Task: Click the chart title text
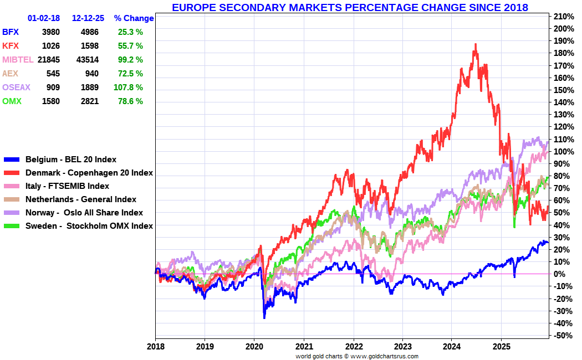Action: tap(350, 7)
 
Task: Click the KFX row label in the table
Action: tap(11, 46)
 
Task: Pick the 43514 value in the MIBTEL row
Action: tap(88, 60)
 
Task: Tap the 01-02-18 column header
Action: tap(44, 18)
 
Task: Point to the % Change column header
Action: tap(134, 18)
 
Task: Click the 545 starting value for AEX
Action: tap(53, 74)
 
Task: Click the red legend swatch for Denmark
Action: tap(12, 173)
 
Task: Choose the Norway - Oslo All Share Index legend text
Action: tap(84, 213)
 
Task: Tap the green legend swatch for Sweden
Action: tap(12, 226)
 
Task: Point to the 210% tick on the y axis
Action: tap(564, 16)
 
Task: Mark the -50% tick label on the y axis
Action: tap(564, 336)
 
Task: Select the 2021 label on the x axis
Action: tap(304, 347)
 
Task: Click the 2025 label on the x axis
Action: tap(501, 347)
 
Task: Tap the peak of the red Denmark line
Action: tap(476, 44)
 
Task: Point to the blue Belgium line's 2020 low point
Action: tap(264, 318)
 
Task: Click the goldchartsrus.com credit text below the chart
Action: tap(357, 356)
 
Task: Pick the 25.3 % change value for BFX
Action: tap(130, 32)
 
